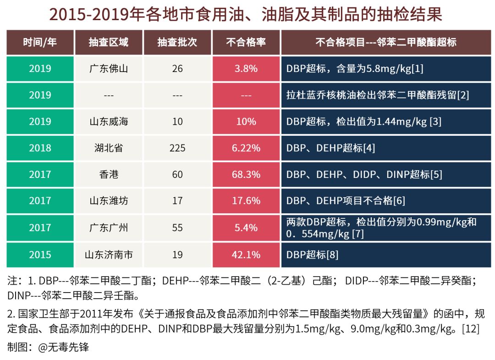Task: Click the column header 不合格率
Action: (246, 43)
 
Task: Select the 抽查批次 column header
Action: (177, 43)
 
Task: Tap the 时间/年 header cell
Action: (40, 43)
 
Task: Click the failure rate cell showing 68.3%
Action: (246, 175)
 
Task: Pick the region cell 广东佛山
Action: (109, 69)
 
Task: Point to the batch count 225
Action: (177, 148)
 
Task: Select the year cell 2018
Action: (40, 148)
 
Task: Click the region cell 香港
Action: (109, 175)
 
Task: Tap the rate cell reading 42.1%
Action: (246, 255)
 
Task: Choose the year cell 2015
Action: (40, 255)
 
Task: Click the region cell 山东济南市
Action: (109, 255)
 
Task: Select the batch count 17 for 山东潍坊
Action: (177, 201)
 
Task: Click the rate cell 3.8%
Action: (246, 69)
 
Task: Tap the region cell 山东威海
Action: (109, 122)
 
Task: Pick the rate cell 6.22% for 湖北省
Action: (246, 148)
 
